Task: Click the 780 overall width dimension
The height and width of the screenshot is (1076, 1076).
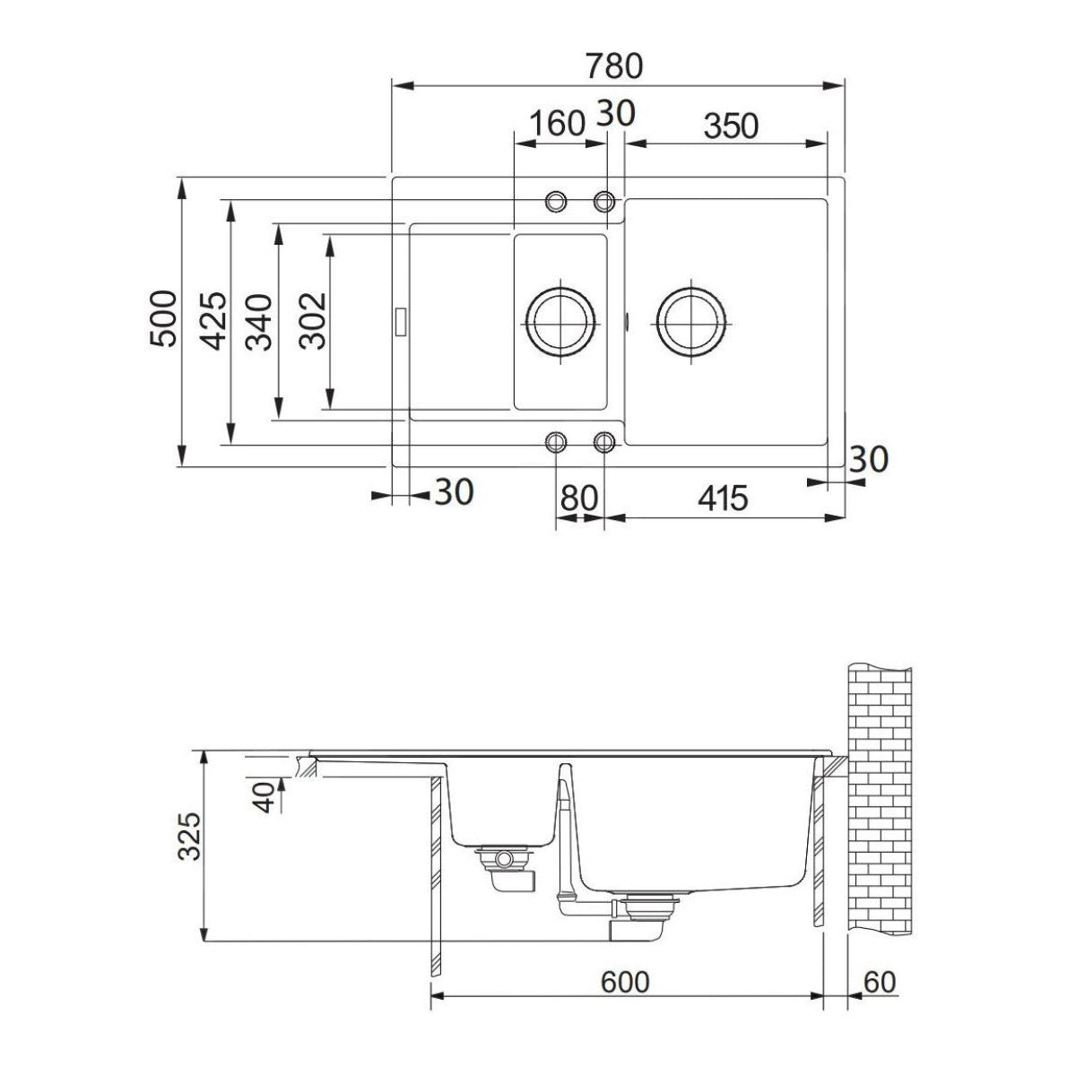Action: click(614, 66)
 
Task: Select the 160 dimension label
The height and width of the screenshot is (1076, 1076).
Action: click(557, 124)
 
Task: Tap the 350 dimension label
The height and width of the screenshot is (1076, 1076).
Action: click(731, 126)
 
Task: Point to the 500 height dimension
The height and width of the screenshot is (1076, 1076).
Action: click(163, 319)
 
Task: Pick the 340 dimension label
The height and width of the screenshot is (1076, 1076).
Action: click(258, 322)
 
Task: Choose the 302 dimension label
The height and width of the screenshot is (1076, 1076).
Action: click(312, 321)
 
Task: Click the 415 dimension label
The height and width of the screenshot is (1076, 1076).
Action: click(723, 498)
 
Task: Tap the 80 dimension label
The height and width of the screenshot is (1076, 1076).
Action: click(579, 498)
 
